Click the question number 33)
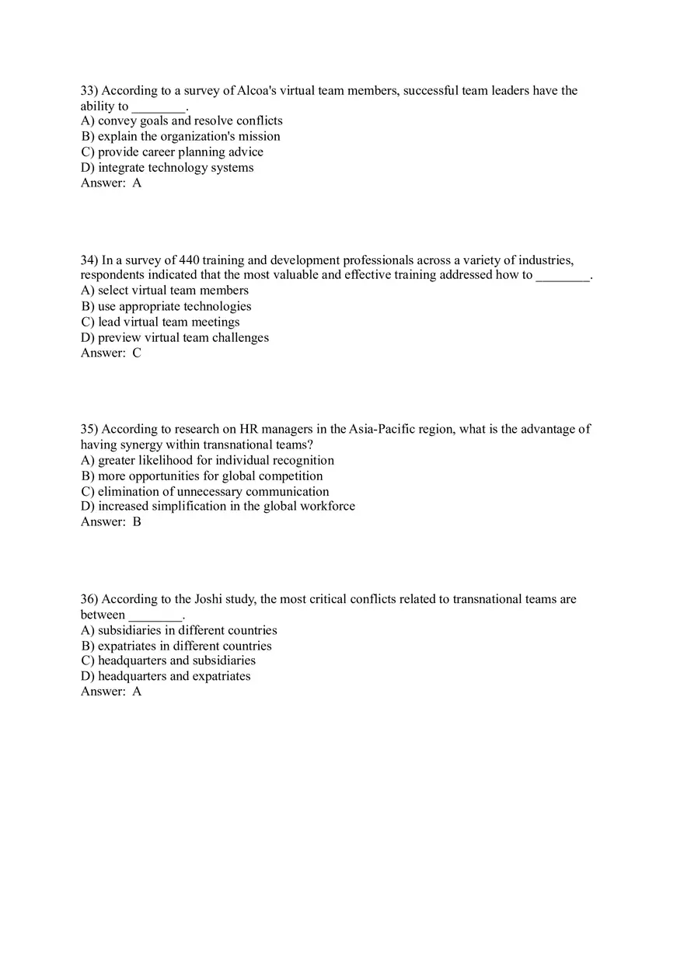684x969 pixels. [x=89, y=91]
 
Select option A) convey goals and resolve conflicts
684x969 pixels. [x=181, y=121]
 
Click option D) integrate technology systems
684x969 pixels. [x=167, y=168]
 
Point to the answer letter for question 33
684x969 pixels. [x=137, y=183]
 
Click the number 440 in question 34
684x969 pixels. [x=190, y=260]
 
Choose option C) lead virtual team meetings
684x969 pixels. [x=160, y=322]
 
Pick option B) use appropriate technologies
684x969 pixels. [x=166, y=307]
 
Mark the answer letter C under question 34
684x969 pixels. [x=137, y=354]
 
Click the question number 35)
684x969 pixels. [x=89, y=429]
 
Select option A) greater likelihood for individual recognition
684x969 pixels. [x=207, y=461]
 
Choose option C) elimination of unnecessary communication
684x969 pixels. [x=204, y=492]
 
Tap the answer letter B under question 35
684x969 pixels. [x=137, y=522]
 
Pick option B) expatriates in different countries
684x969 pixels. [x=176, y=646]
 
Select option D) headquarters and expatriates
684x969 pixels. [x=166, y=677]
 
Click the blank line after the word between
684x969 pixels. [x=155, y=615]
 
